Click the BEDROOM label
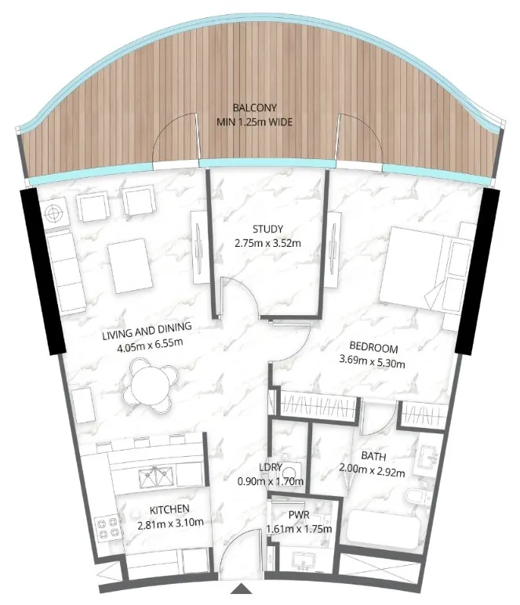[374, 349]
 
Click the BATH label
[374, 455]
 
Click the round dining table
[149, 384]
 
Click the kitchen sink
[155, 475]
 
